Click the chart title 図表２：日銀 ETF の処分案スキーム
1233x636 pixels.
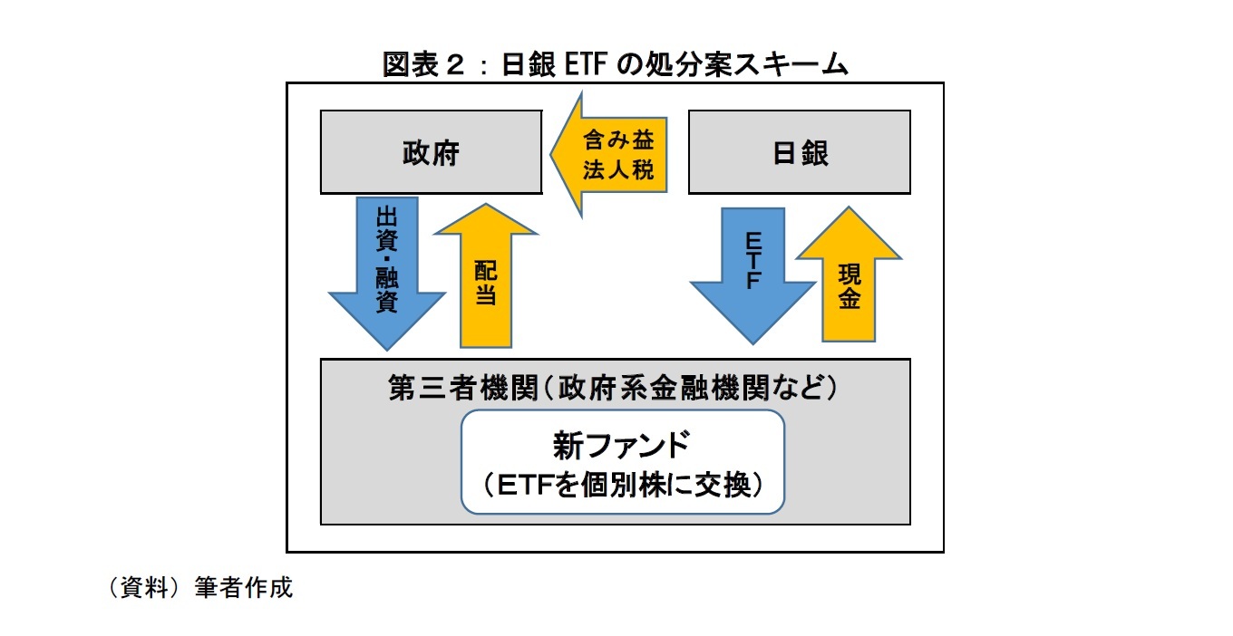pos(616,64)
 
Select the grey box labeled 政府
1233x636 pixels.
pos(431,152)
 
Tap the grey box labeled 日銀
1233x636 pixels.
pos(799,152)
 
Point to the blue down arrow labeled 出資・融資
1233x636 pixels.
pos(387,272)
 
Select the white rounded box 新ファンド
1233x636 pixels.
pos(622,462)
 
